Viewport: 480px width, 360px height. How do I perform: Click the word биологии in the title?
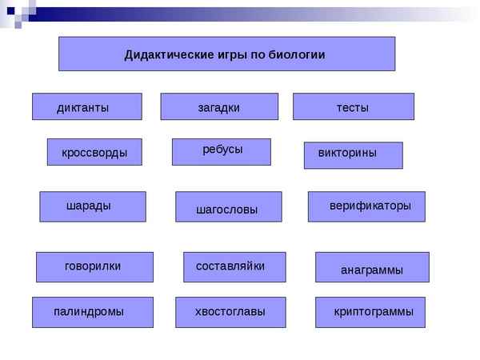tap(299, 55)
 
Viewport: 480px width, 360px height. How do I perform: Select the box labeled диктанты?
tap(86, 107)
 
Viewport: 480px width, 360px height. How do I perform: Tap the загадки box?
tap(219, 107)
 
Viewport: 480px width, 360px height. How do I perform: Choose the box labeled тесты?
tap(353, 107)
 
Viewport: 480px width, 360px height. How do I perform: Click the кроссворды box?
tap(94, 152)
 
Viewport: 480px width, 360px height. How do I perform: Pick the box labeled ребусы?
tap(222, 151)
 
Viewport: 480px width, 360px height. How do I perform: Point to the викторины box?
tap(353, 155)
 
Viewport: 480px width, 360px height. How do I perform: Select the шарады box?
tap(93, 206)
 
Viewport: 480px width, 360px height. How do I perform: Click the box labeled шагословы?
tap(228, 207)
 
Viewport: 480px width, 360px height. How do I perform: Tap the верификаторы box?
tap(366, 206)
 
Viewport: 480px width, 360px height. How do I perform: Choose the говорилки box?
tap(94, 267)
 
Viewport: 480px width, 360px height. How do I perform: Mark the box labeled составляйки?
tap(234, 267)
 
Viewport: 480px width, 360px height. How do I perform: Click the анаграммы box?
tap(372, 268)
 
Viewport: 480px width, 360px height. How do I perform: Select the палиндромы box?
tap(90, 312)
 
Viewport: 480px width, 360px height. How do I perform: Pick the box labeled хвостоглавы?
tap(230, 312)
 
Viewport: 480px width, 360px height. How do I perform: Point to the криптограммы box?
tap(370, 312)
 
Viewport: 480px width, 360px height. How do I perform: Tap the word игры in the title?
tap(225, 55)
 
